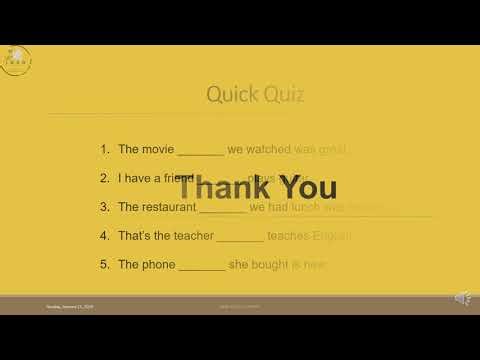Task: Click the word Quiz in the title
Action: pyautogui.click(x=284, y=95)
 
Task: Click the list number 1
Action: pyautogui.click(x=104, y=149)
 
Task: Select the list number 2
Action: pyautogui.click(x=104, y=178)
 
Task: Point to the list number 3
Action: pyautogui.click(x=104, y=207)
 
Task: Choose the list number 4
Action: pyautogui.click(x=104, y=236)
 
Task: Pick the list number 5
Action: pyautogui.click(x=104, y=265)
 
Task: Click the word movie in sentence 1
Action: pyautogui.click(x=157, y=149)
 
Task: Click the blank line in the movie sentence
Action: pyautogui.click(x=200, y=152)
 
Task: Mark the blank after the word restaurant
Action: pyautogui.click(x=222, y=210)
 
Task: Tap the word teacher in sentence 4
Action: pyautogui.click(x=190, y=236)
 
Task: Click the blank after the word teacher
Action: pyautogui.click(x=240, y=239)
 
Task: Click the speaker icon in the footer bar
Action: pyautogui.click(x=463, y=298)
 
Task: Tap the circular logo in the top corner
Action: pyautogui.click(x=17, y=59)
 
